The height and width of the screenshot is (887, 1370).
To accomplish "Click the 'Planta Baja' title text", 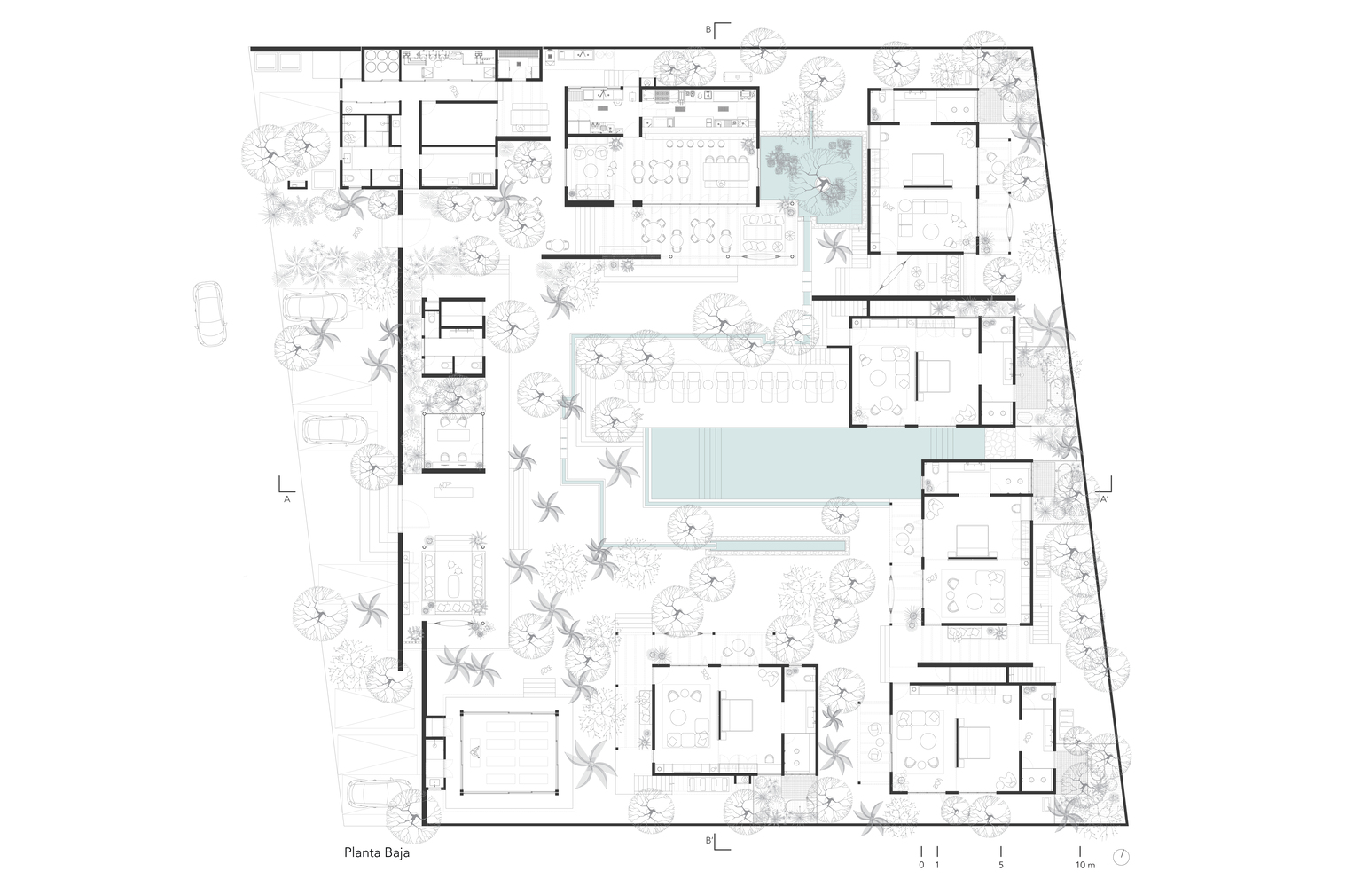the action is (x=377, y=852).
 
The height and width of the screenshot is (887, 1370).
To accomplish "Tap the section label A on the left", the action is (x=286, y=499).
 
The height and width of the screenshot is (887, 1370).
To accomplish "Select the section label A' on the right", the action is (x=1105, y=499).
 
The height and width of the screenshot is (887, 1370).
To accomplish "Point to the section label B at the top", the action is (x=708, y=29).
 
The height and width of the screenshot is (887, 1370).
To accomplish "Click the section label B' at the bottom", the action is (x=709, y=841).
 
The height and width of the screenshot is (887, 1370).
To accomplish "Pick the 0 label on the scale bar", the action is (x=921, y=865).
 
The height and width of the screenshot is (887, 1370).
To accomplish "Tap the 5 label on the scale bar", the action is (x=1001, y=865).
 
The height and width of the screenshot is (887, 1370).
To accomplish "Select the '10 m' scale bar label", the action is (x=1085, y=865).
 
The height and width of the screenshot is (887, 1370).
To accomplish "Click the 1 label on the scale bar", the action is (x=937, y=865).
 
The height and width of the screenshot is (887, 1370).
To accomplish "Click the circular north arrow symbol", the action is (x=1121, y=857).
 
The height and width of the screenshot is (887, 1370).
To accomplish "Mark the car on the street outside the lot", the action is (x=208, y=314).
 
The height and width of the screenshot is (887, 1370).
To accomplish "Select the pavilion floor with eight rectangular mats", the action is (x=509, y=752).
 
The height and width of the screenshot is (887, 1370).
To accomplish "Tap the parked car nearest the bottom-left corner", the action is (x=380, y=793).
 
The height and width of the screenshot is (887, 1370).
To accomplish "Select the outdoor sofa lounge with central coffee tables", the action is (x=453, y=575).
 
